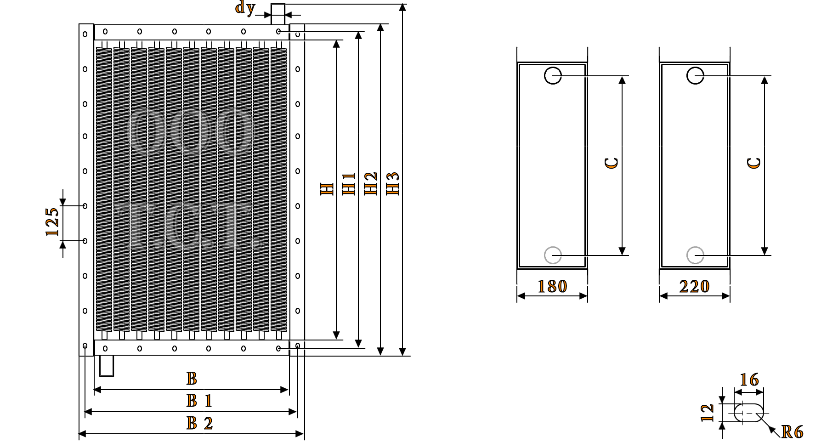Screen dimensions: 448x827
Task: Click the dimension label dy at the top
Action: pyautogui.click(x=245, y=8)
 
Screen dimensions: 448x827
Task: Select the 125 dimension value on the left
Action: pyautogui.click(x=52, y=222)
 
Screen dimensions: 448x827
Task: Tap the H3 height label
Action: pyautogui.click(x=393, y=184)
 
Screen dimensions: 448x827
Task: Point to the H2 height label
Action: pyautogui.click(x=371, y=184)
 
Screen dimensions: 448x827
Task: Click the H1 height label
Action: pyautogui.click(x=349, y=184)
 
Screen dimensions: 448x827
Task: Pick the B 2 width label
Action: pyautogui.click(x=199, y=423)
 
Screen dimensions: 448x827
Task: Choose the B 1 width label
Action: pyautogui.click(x=199, y=401)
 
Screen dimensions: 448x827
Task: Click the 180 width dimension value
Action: pyautogui.click(x=552, y=287)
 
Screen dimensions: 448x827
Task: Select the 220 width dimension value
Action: pyautogui.click(x=694, y=287)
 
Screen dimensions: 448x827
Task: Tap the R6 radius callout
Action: pyautogui.click(x=792, y=432)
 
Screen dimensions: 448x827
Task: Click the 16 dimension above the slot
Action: pyautogui.click(x=749, y=380)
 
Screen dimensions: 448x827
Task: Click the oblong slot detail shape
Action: pyautogui.click(x=749, y=413)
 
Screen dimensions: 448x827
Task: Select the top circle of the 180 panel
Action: pyautogui.click(x=553, y=76)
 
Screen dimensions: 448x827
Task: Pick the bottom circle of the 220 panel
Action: pyautogui.click(x=695, y=255)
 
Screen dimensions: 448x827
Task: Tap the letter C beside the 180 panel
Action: pyautogui.click(x=612, y=163)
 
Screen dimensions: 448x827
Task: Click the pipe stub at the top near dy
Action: pyautogui.click(x=278, y=14)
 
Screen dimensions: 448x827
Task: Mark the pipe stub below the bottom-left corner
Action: pyautogui.click(x=106, y=367)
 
